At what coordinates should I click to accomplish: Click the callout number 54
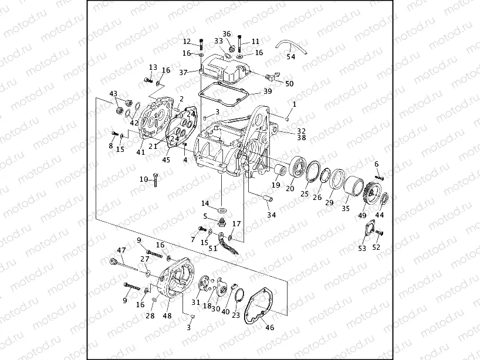pos(291,57)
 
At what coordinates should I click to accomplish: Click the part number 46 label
pos(270,327)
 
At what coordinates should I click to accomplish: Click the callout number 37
pos(183,73)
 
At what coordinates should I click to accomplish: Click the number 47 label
pos(121,250)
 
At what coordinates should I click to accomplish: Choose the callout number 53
pos(362,249)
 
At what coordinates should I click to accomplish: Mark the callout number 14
pos(205,203)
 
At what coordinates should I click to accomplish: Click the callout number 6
pos(377,164)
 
